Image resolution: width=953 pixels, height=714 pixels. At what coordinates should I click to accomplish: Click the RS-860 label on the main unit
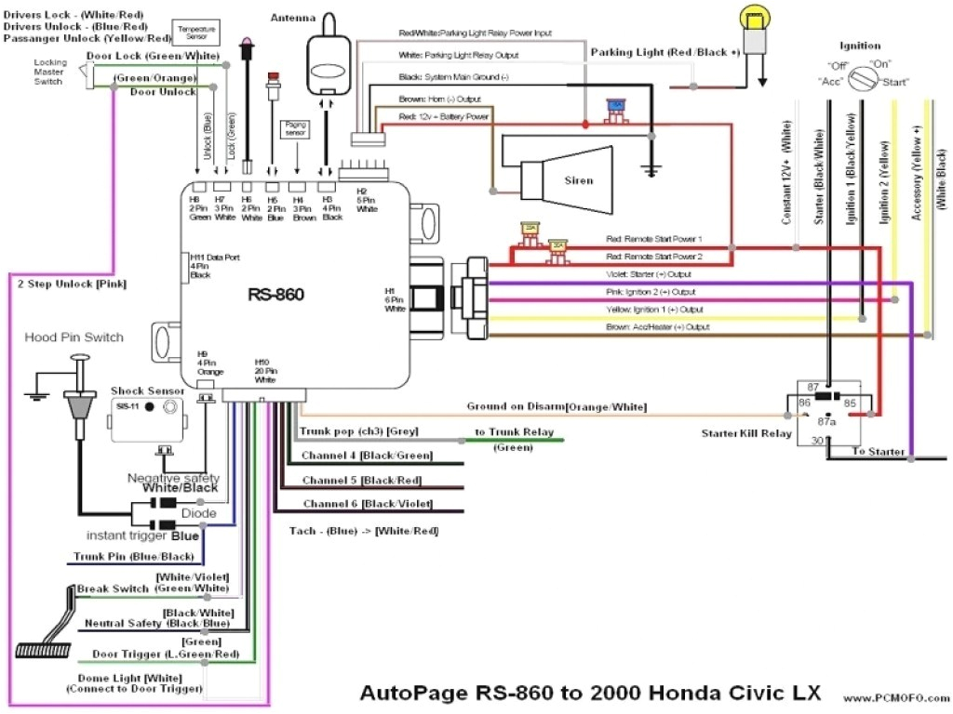point(276,295)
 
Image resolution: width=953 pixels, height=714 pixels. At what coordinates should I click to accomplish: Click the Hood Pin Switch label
point(74,337)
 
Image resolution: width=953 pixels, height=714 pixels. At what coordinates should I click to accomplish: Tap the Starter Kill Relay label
point(747,433)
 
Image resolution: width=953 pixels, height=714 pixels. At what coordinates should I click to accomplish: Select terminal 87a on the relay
point(826,420)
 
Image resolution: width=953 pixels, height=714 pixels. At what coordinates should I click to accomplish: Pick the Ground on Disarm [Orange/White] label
point(556,407)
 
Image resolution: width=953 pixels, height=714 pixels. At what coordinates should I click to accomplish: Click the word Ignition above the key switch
point(859,46)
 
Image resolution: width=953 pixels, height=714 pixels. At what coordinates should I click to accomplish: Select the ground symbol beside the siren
point(651,170)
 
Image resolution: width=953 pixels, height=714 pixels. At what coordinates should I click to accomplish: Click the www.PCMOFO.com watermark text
point(893,696)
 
